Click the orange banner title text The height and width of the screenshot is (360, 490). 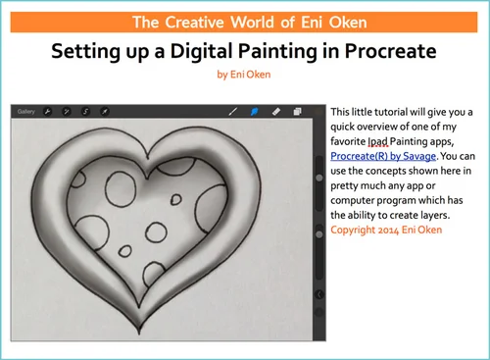[244, 22]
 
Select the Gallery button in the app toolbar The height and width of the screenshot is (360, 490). [26, 112]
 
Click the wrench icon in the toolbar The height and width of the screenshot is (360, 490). [46, 112]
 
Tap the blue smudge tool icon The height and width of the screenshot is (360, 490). [254, 112]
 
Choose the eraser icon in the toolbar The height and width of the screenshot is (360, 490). [276, 112]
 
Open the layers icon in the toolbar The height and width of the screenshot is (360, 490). [298, 112]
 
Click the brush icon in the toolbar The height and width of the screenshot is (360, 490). [233, 112]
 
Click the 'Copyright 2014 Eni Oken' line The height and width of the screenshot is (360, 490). [386, 230]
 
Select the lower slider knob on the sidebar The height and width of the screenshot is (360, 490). [319, 235]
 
